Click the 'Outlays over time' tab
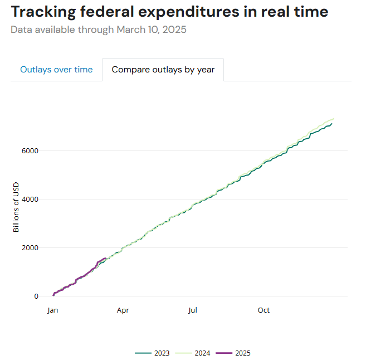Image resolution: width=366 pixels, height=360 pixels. (56, 70)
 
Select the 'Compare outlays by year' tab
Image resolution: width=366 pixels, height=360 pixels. (163, 70)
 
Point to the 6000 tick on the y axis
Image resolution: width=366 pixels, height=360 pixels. (31, 150)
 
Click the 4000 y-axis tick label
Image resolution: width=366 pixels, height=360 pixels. (31, 199)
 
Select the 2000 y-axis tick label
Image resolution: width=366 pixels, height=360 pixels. (31, 247)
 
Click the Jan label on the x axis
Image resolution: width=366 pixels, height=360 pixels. (53, 310)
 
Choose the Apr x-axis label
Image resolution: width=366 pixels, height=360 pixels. (123, 310)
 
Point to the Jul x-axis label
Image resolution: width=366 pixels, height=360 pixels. (193, 310)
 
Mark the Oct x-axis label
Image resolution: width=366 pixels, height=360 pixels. (263, 310)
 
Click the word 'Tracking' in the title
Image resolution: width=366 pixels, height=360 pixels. (43, 12)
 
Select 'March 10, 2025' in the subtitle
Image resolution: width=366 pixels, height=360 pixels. (152, 30)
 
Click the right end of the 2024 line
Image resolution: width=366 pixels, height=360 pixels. (334, 119)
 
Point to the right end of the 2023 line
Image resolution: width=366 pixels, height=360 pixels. (332, 124)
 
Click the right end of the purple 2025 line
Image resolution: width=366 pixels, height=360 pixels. (105, 258)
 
